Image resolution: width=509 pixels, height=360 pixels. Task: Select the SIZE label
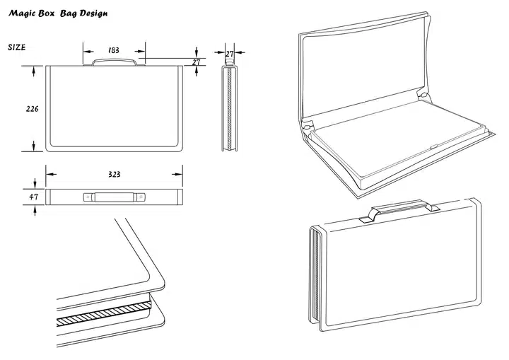click(17, 47)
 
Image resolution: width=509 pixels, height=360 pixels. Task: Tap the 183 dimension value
click(113, 51)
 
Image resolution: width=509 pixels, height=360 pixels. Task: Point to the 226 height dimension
click(32, 109)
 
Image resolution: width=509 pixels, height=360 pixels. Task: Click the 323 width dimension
click(113, 173)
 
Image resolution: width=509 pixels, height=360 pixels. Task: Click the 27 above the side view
click(230, 53)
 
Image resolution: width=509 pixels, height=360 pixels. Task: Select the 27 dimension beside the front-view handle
click(197, 62)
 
